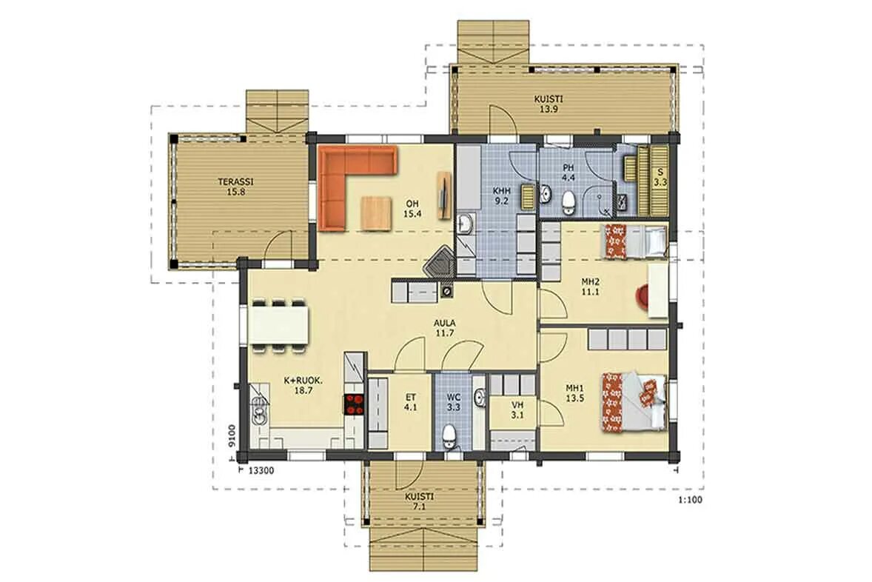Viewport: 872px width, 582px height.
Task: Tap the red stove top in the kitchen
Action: [355, 404]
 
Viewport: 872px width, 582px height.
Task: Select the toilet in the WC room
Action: [449, 435]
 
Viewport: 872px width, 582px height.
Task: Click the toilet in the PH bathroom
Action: [569, 203]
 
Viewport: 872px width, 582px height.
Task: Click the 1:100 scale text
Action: [690, 500]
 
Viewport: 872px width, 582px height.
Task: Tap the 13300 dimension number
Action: [261, 471]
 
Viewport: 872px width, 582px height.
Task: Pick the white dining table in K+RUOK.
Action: [279, 325]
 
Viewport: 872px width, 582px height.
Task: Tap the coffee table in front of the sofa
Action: [376, 213]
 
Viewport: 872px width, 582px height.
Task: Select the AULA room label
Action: [446, 324]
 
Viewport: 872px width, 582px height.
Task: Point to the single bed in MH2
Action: [635, 241]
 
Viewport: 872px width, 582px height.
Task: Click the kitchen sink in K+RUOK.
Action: [259, 404]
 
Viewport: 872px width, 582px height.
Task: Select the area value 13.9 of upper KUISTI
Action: [549, 110]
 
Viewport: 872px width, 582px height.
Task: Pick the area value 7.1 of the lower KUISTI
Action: [419, 507]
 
